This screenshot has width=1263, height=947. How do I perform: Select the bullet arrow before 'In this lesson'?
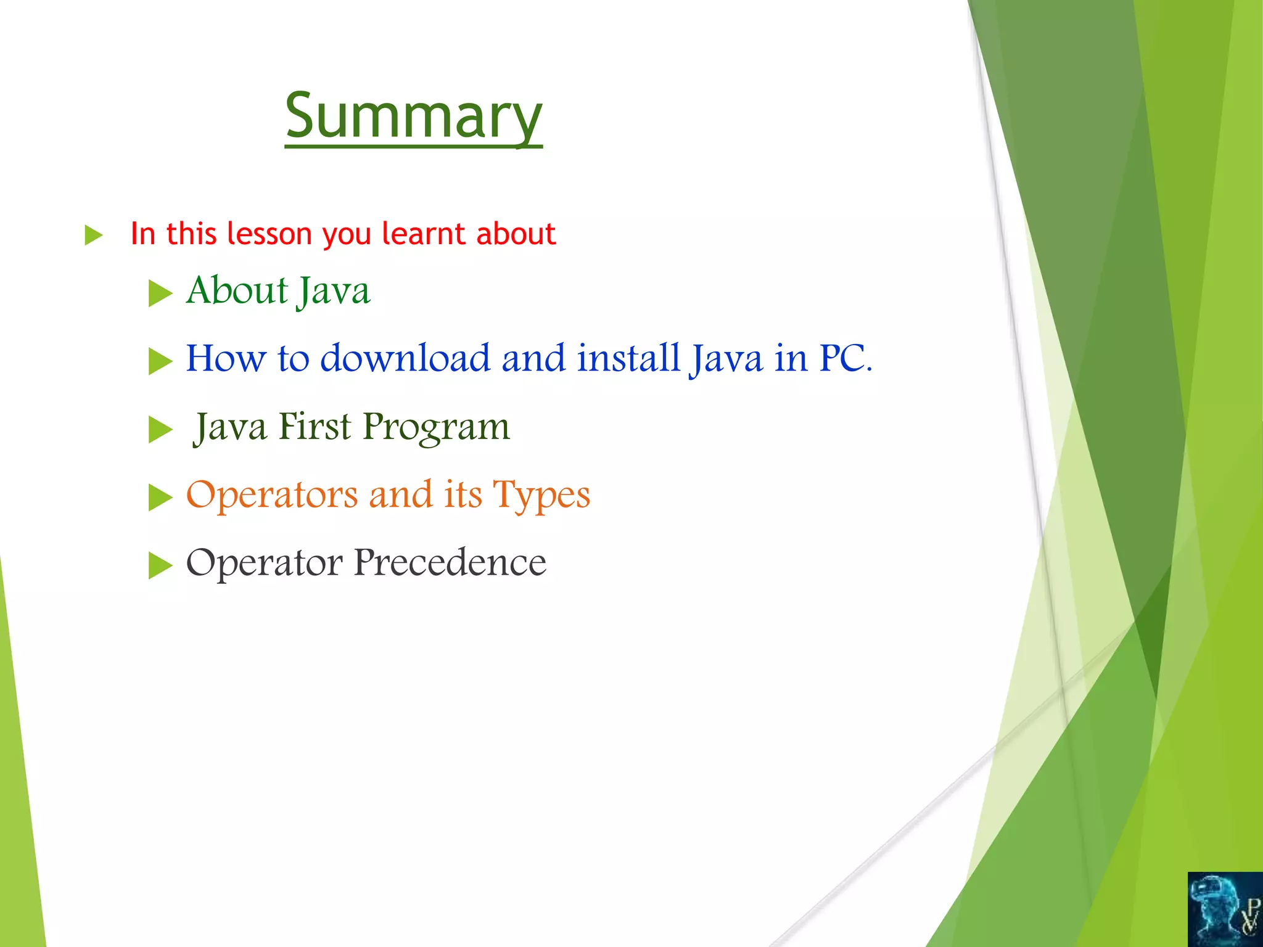click(93, 235)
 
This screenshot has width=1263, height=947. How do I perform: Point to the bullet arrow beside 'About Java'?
click(160, 293)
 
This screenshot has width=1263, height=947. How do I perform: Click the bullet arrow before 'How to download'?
click(160, 361)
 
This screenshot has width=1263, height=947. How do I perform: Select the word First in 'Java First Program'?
click(315, 427)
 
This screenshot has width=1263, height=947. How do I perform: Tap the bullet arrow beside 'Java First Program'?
click(160, 430)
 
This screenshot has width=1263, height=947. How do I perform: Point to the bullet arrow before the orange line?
click(160, 498)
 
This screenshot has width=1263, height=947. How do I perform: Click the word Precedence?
click(450, 563)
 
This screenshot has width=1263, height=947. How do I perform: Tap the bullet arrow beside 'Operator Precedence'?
click(160, 565)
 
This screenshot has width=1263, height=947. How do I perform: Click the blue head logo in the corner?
click(1224, 909)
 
